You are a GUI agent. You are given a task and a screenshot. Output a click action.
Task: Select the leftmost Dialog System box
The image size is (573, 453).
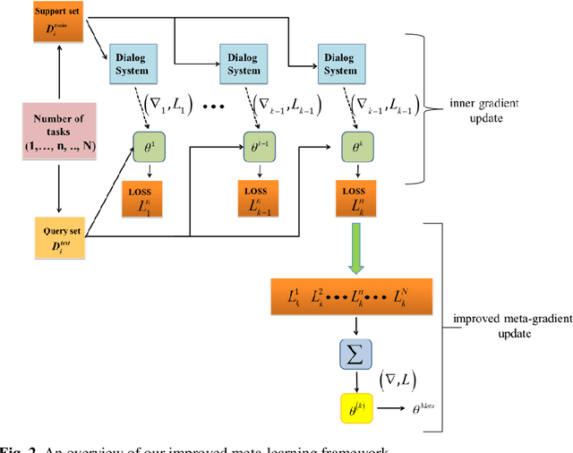coord(133,59)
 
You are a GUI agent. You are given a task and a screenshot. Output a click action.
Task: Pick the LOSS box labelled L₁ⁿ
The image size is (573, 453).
coord(144,198)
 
